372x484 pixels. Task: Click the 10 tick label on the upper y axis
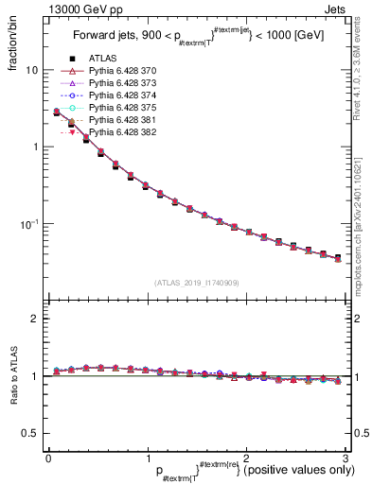(x=30, y=71)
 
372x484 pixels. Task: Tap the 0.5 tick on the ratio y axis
(x=29, y=434)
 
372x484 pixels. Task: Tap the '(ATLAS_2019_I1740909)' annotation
(x=196, y=283)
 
